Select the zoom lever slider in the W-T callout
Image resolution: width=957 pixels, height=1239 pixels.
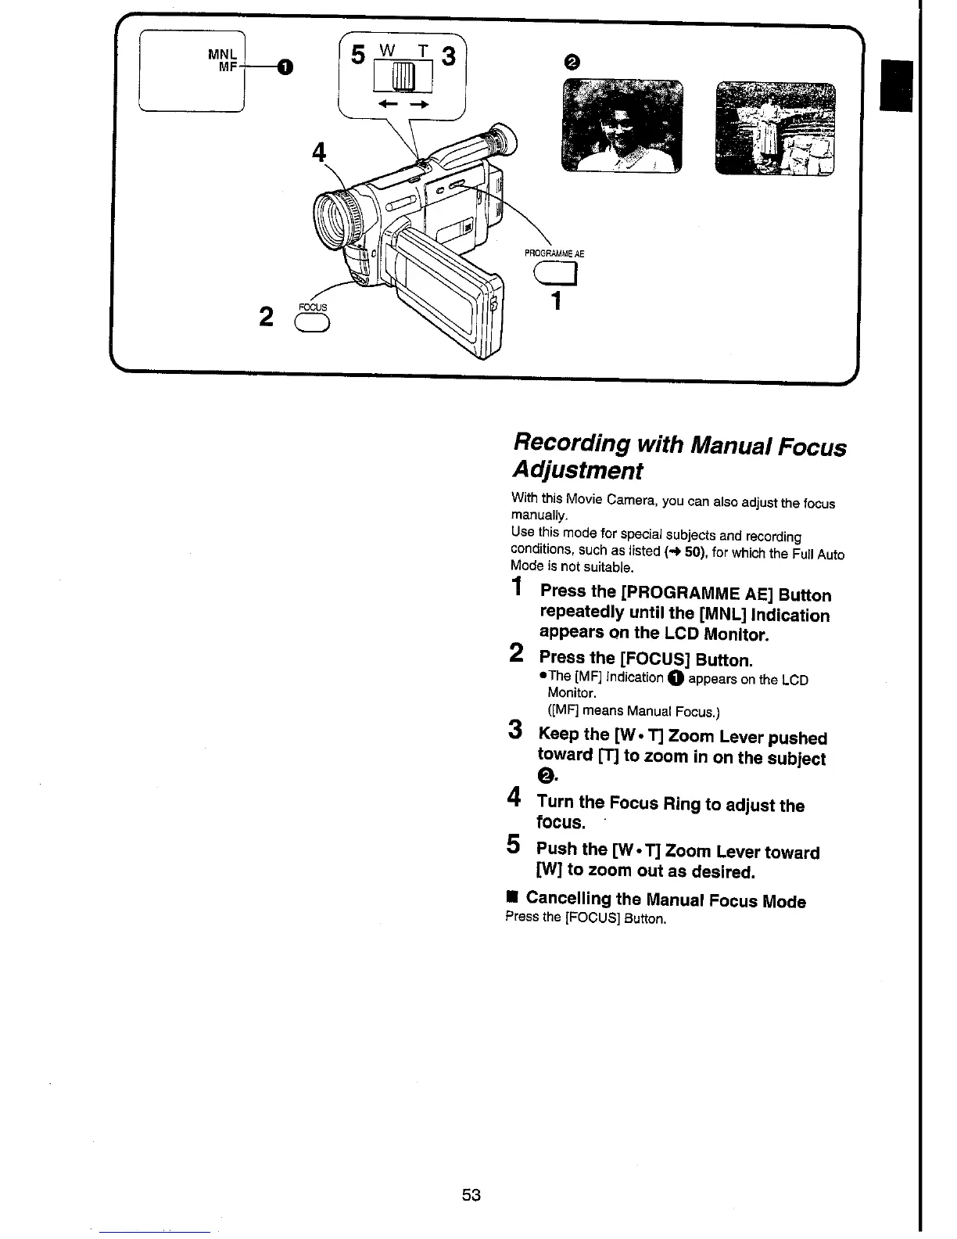tap(401, 77)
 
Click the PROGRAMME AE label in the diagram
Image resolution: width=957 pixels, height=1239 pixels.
tap(554, 253)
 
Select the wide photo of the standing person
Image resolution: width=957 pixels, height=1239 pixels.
tap(775, 128)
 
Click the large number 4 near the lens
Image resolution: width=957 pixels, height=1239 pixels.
tap(318, 152)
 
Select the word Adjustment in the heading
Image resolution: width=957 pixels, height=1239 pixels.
tap(577, 471)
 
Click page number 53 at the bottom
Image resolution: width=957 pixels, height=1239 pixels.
tap(471, 1194)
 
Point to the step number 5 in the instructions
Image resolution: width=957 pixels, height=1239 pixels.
tap(514, 845)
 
